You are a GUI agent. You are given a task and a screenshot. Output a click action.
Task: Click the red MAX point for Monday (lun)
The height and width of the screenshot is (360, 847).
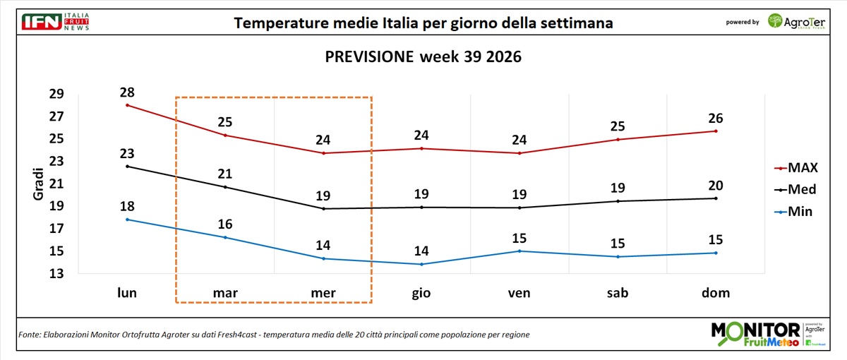pyautogui.click(x=128, y=105)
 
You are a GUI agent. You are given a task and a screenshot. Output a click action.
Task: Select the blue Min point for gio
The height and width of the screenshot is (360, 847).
pyautogui.click(x=421, y=264)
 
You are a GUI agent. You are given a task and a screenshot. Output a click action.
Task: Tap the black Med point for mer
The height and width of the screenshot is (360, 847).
pyautogui.click(x=323, y=209)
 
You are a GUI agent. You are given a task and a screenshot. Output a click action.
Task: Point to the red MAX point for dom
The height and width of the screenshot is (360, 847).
pyautogui.click(x=716, y=131)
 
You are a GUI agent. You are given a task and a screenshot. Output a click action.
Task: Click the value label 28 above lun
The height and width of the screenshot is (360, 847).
pyautogui.click(x=127, y=92)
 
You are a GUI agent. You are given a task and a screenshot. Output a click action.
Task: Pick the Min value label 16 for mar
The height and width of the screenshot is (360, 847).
pyautogui.click(x=225, y=224)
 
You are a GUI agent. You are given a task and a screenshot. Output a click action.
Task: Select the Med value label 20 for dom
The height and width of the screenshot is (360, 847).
pyautogui.click(x=716, y=186)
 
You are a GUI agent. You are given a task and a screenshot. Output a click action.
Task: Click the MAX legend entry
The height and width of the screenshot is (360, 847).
pyautogui.click(x=796, y=167)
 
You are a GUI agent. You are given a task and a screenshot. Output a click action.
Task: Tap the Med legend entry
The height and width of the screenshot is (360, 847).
pyautogui.click(x=795, y=189)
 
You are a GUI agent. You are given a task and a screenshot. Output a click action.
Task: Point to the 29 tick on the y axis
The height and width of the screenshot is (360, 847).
pyautogui.click(x=56, y=94)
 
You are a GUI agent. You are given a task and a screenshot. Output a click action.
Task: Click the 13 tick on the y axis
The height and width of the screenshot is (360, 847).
pyautogui.click(x=56, y=273)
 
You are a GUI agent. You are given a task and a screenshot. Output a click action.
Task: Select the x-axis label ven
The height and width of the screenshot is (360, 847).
pyautogui.click(x=519, y=293)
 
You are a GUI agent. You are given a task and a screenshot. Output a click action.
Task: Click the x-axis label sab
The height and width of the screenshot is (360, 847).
pyautogui.click(x=618, y=293)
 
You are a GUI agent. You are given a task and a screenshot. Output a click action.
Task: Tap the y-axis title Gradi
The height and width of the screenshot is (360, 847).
pyautogui.click(x=38, y=184)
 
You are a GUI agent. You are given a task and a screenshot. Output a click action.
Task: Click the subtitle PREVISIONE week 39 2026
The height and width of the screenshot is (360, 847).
pyautogui.click(x=423, y=56)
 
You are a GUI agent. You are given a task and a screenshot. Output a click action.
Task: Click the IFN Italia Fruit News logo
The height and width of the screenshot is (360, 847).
pyautogui.click(x=56, y=22)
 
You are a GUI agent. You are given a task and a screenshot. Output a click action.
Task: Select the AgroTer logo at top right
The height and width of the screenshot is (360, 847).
pyautogui.click(x=796, y=22)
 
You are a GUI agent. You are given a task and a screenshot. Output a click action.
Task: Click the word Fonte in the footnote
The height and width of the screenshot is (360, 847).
pyautogui.click(x=30, y=335)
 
